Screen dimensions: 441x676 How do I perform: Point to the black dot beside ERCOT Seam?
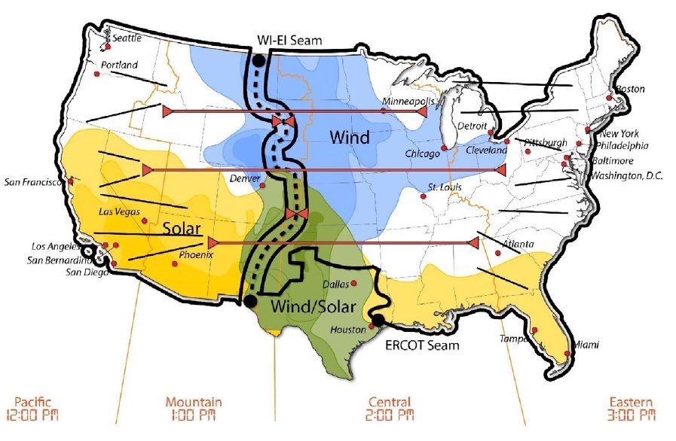click(377, 320)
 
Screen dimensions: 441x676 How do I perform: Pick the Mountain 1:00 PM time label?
click(194, 409)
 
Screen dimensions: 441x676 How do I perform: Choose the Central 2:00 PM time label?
click(390, 409)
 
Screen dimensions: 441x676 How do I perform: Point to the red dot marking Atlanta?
click(497, 253)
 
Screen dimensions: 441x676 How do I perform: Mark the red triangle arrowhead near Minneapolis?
click(421, 111)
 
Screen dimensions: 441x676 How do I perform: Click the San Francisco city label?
click(33, 181)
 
